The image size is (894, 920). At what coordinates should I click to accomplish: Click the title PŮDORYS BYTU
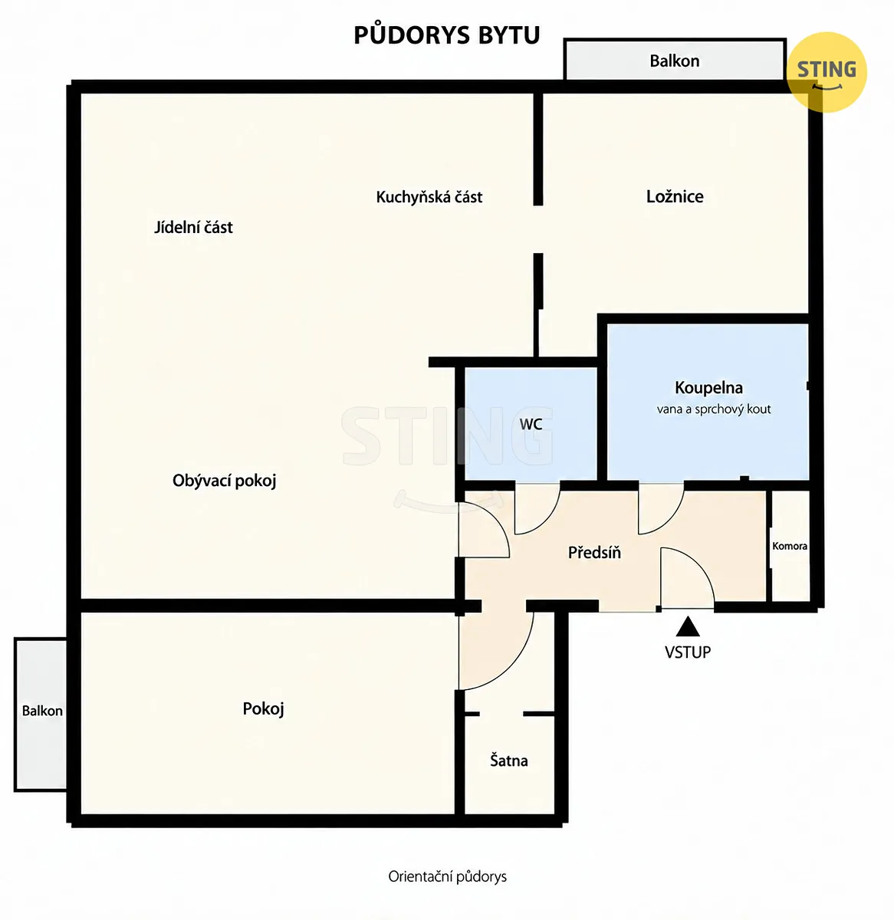(446, 35)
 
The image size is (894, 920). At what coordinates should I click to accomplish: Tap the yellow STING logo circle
(827, 72)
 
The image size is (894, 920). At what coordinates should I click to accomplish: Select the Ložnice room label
(675, 197)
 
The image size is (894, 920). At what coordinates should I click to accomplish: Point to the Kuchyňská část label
(429, 197)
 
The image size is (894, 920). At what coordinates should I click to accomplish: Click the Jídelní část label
(193, 228)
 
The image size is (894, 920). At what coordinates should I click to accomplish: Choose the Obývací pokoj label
(224, 481)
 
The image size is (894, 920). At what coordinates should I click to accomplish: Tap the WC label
(531, 424)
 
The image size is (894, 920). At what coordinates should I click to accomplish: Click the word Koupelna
(708, 388)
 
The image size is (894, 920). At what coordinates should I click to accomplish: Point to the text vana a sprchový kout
(713, 409)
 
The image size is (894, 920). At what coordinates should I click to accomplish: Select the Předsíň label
(594, 552)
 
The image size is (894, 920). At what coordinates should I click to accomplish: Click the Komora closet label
(790, 546)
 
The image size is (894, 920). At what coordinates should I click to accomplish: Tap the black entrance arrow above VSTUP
(688, 626)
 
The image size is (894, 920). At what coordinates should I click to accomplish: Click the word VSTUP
(688, 652)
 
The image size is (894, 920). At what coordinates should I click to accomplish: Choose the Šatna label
(508, 761)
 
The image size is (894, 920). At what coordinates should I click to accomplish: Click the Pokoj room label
(263, 708)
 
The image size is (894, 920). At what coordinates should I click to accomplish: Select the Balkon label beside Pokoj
(42, 711)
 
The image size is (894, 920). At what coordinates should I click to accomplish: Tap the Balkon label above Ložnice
(674, 61)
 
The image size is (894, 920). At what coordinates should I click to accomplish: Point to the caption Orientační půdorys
(447, 876)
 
